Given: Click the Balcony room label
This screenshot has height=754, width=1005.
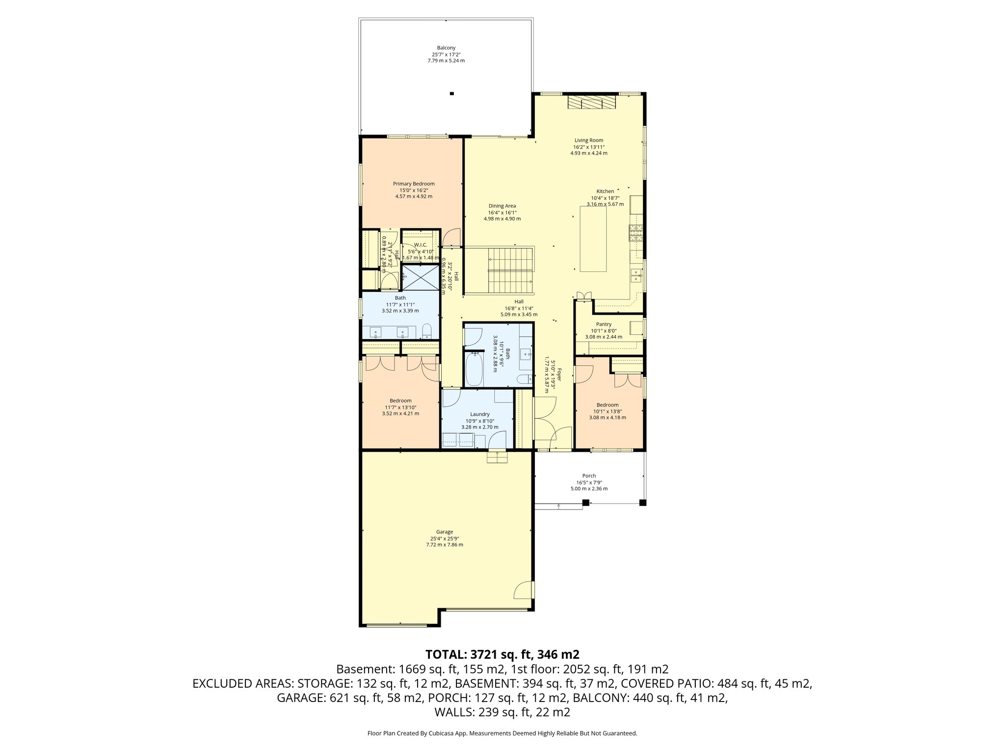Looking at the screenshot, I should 446,48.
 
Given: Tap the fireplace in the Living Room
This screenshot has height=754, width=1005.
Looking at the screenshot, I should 591,102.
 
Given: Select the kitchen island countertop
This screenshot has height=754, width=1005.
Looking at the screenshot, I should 593,239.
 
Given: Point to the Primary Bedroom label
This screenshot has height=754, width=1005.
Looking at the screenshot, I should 414,184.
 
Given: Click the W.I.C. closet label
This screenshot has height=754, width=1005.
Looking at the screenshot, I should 421,245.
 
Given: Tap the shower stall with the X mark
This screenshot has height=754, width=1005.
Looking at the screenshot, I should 421,277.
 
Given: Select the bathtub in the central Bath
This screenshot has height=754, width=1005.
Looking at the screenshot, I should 474,369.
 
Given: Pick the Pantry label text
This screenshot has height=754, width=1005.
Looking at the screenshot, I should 604,324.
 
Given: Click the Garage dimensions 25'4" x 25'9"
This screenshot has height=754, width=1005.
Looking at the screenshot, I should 445,539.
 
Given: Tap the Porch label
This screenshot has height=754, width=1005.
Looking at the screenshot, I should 589,476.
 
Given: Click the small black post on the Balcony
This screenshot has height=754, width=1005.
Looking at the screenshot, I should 452,93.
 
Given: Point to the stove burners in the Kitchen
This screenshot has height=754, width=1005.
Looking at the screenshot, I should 636,234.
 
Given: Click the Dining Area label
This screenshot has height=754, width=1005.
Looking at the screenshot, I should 502,206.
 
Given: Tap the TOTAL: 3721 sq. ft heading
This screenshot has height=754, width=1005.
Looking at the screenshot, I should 502,654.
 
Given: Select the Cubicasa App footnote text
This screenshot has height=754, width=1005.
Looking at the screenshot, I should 502,733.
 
